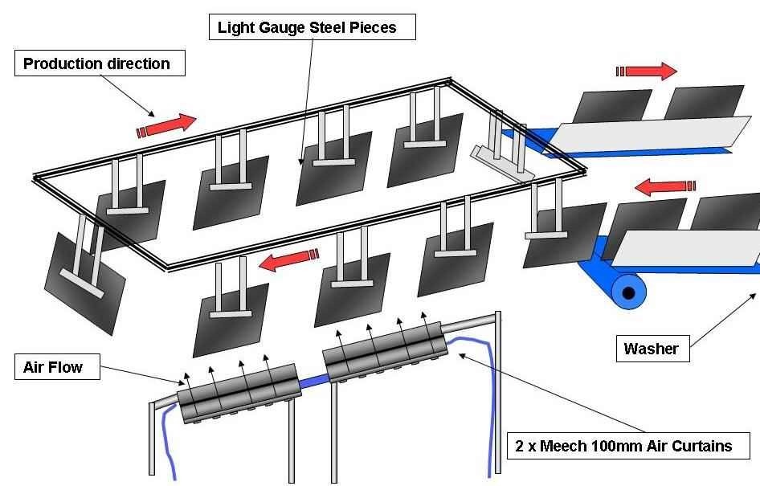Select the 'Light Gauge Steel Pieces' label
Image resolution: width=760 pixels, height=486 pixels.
[x=313, y=28]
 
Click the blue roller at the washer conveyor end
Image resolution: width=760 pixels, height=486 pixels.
[x=627, y=291]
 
